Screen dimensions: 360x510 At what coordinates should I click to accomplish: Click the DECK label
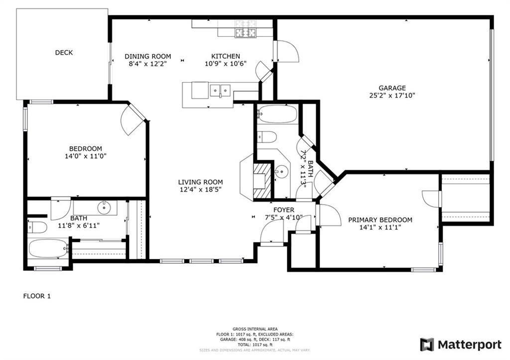coord(64,52)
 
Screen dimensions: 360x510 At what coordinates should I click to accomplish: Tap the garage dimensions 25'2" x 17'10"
coord(392,96)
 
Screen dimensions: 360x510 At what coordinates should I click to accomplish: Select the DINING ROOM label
coord(147,56)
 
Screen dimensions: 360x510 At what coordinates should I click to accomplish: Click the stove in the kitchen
coord(246,29)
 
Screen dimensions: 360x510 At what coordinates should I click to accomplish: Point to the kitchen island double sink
coord(220,90)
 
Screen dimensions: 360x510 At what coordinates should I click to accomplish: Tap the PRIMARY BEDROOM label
coord(380,220)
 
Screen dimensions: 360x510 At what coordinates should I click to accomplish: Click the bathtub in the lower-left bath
coord(48,248)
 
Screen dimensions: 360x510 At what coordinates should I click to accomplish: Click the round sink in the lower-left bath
coord(105,207)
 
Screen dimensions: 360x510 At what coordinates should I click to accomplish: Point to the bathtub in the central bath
coord(277,115)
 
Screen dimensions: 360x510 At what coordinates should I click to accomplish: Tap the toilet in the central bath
coord(267,136)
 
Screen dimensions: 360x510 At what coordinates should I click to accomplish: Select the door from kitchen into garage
coord(286,52)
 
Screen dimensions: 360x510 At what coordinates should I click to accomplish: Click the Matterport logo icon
coord(427,345)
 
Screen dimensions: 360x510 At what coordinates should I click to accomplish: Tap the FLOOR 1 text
coord(37,296)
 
